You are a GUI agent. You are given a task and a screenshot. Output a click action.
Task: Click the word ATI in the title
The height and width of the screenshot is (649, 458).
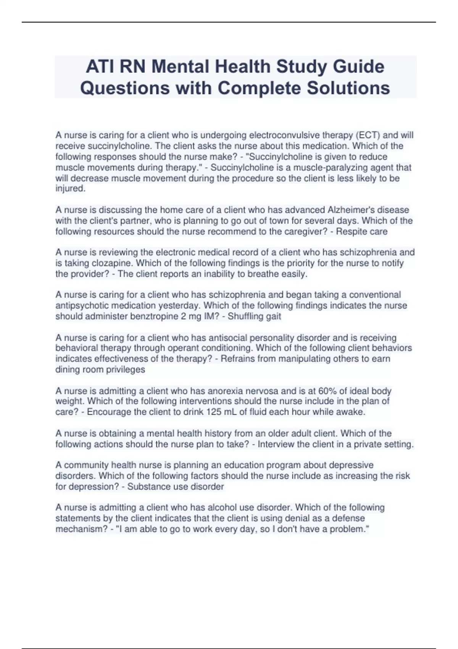(100, 67)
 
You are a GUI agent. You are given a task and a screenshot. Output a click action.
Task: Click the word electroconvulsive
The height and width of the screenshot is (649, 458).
(285, 135)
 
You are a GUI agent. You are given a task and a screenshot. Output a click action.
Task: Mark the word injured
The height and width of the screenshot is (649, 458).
(70, 189)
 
